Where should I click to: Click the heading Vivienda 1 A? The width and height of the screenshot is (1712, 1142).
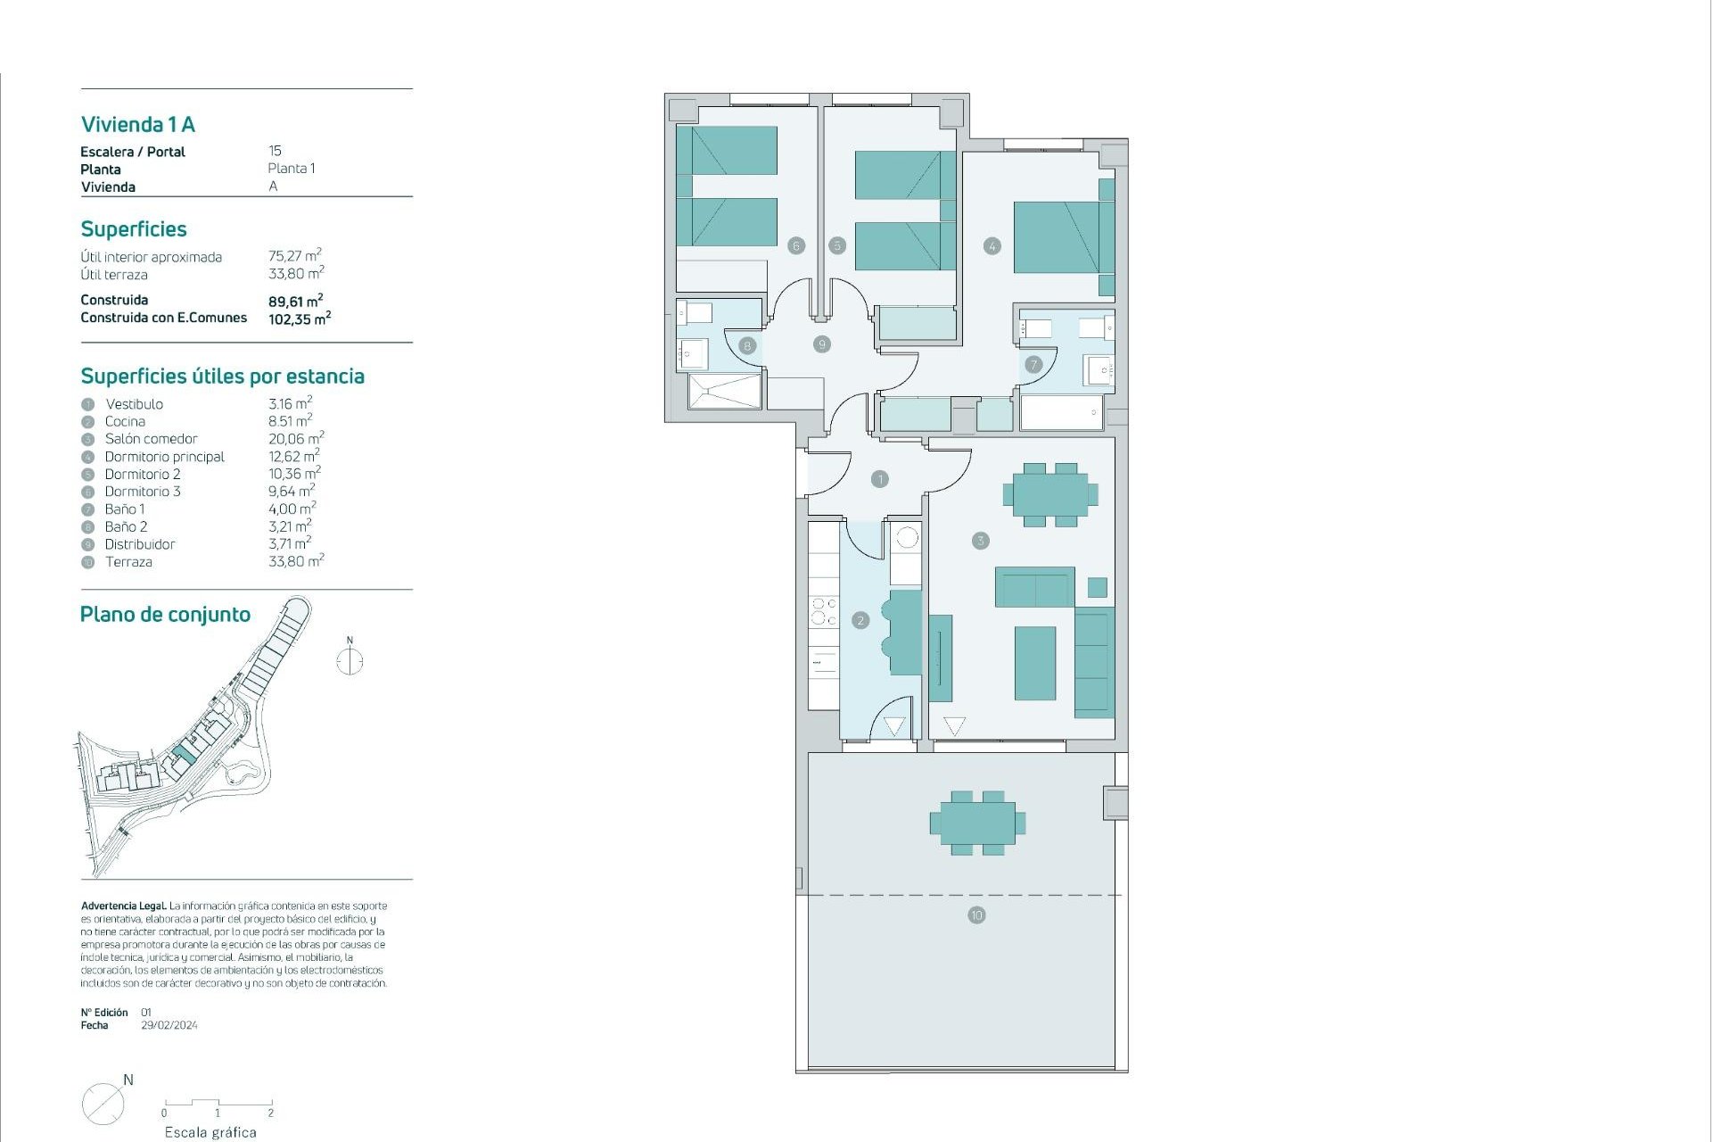[x=138, y=124]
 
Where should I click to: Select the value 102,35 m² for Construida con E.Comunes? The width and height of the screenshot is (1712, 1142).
[x=299, y=319]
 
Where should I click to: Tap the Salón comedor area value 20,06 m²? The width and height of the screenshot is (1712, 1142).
[x=295, y=439]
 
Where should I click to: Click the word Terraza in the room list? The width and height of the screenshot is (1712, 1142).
[x=128, y=562]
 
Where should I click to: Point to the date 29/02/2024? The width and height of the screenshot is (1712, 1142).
[x=169, y=1025]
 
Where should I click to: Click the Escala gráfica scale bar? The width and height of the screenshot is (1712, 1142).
[x=218, y=1105]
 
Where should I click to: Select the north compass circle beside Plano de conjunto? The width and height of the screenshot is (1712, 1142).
[x=350, y=662]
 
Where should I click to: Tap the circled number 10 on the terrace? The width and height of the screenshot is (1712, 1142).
[x=976, y=915]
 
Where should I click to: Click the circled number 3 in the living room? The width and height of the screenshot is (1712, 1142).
[x=980, y=541]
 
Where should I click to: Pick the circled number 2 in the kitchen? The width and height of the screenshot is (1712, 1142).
[x=860, y=620]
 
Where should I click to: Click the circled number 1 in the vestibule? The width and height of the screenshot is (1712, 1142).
[x=880, y=479]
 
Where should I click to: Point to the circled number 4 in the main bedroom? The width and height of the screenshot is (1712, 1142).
[x=992, y=245]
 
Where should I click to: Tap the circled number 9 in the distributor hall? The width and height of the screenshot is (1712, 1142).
[x=822, y=343]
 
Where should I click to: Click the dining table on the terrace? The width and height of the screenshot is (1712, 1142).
[x=977, y=823]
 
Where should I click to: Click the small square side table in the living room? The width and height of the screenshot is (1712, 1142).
[x=1098, y=587]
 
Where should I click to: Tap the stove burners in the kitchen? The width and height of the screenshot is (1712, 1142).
[x=823, y=611]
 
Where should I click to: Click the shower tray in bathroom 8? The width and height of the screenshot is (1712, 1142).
[x=725, y=392]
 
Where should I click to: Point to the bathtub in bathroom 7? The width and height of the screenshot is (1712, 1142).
[x=1061, y=412]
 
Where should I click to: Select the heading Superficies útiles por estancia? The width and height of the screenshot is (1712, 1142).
[x=222, y=377]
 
